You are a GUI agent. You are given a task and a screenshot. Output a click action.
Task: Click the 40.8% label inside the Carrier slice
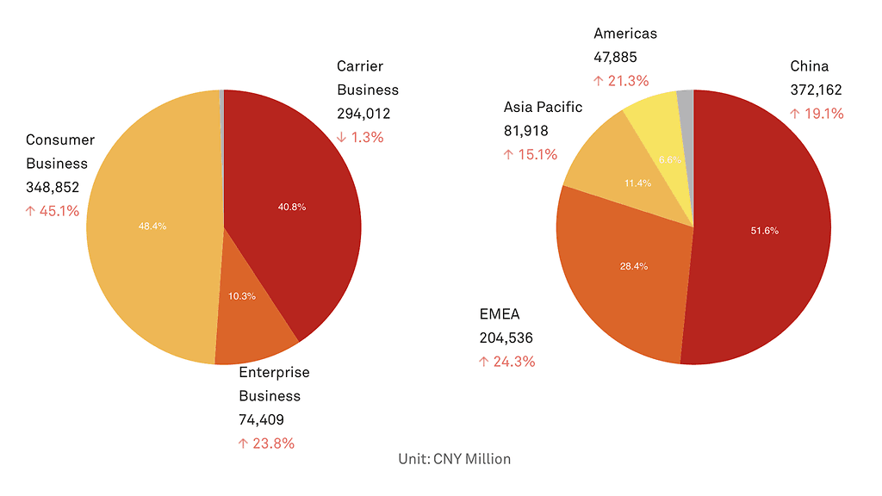point(292,207)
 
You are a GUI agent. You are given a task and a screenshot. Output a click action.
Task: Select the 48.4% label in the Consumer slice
point(152,226)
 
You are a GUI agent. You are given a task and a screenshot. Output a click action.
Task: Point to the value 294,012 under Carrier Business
point(363,113)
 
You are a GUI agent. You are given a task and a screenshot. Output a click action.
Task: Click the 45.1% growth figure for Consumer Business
point(53,211)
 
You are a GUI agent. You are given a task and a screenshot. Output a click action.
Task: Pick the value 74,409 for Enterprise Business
point(261,420)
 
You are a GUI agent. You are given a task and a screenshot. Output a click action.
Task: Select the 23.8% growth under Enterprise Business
point(266,443)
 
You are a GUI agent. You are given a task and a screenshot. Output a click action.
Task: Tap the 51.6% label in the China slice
point(764,231)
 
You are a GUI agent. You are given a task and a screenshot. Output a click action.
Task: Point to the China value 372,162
point(816,90)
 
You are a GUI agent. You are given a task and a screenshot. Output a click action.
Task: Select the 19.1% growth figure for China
point(817,114)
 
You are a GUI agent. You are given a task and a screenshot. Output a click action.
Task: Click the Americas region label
point(625,34)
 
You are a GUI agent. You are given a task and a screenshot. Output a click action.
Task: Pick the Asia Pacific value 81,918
point(526,131)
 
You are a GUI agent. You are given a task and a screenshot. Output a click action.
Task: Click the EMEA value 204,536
point(506,338)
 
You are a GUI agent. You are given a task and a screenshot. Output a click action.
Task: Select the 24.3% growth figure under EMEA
point(506,362)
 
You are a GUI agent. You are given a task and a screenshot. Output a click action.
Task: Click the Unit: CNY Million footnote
point(455,459)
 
